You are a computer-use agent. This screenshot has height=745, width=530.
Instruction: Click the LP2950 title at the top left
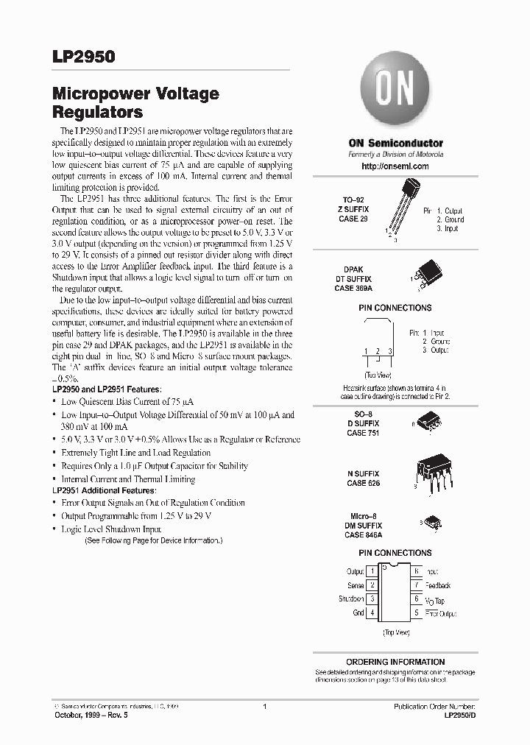(83, 57)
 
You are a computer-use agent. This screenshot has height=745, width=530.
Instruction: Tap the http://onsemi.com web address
(395, 166)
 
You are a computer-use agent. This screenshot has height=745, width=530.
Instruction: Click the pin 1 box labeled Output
(373, 571)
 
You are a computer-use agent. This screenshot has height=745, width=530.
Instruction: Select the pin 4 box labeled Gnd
(373, 612)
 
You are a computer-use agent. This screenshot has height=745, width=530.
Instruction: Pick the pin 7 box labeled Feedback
(416, 585)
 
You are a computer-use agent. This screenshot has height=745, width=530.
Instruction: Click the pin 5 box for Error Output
(416, 612)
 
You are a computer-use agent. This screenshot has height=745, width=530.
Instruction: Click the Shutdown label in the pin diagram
(351, 599)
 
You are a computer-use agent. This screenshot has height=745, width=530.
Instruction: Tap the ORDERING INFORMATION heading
(395, 662)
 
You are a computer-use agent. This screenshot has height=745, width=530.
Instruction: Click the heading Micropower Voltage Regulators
(135, 104)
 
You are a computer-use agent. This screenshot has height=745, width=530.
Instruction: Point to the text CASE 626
(362, 483)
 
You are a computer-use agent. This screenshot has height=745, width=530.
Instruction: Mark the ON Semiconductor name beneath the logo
(395, 143)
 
